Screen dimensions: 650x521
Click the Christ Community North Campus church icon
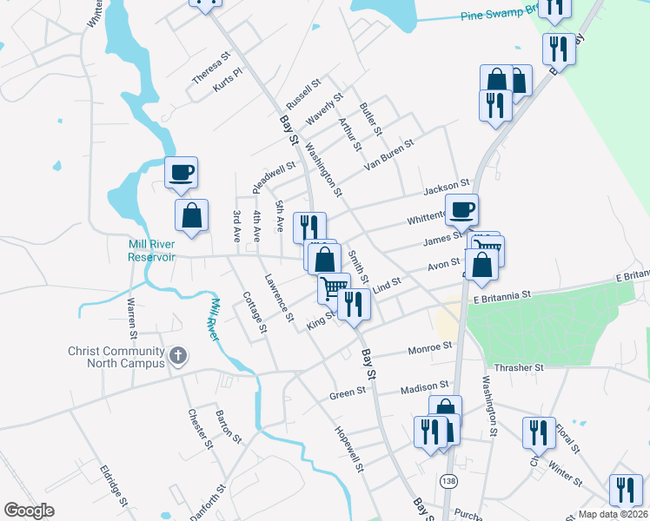[178, 355]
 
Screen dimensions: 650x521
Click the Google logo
[30, 511]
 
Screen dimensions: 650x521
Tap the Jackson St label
[446, 188]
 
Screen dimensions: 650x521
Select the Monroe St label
[430, 349]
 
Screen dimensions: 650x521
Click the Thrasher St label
[519, 368]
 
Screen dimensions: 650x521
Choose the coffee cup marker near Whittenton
[461, 209]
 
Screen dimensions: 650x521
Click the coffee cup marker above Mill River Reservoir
[182, 172]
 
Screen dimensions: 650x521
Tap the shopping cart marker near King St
[332, 287]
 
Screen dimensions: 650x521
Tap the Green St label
[348, 393]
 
